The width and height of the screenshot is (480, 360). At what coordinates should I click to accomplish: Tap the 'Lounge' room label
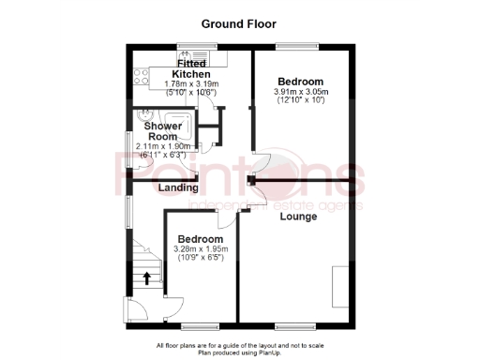(x=298, y=217)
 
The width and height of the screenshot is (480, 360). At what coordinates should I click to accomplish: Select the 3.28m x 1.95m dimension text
(x=201, y=250)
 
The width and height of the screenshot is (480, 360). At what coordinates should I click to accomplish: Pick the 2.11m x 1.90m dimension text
(x=162, y=146)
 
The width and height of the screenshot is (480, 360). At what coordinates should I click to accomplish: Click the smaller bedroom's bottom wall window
(x=197, y=325)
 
